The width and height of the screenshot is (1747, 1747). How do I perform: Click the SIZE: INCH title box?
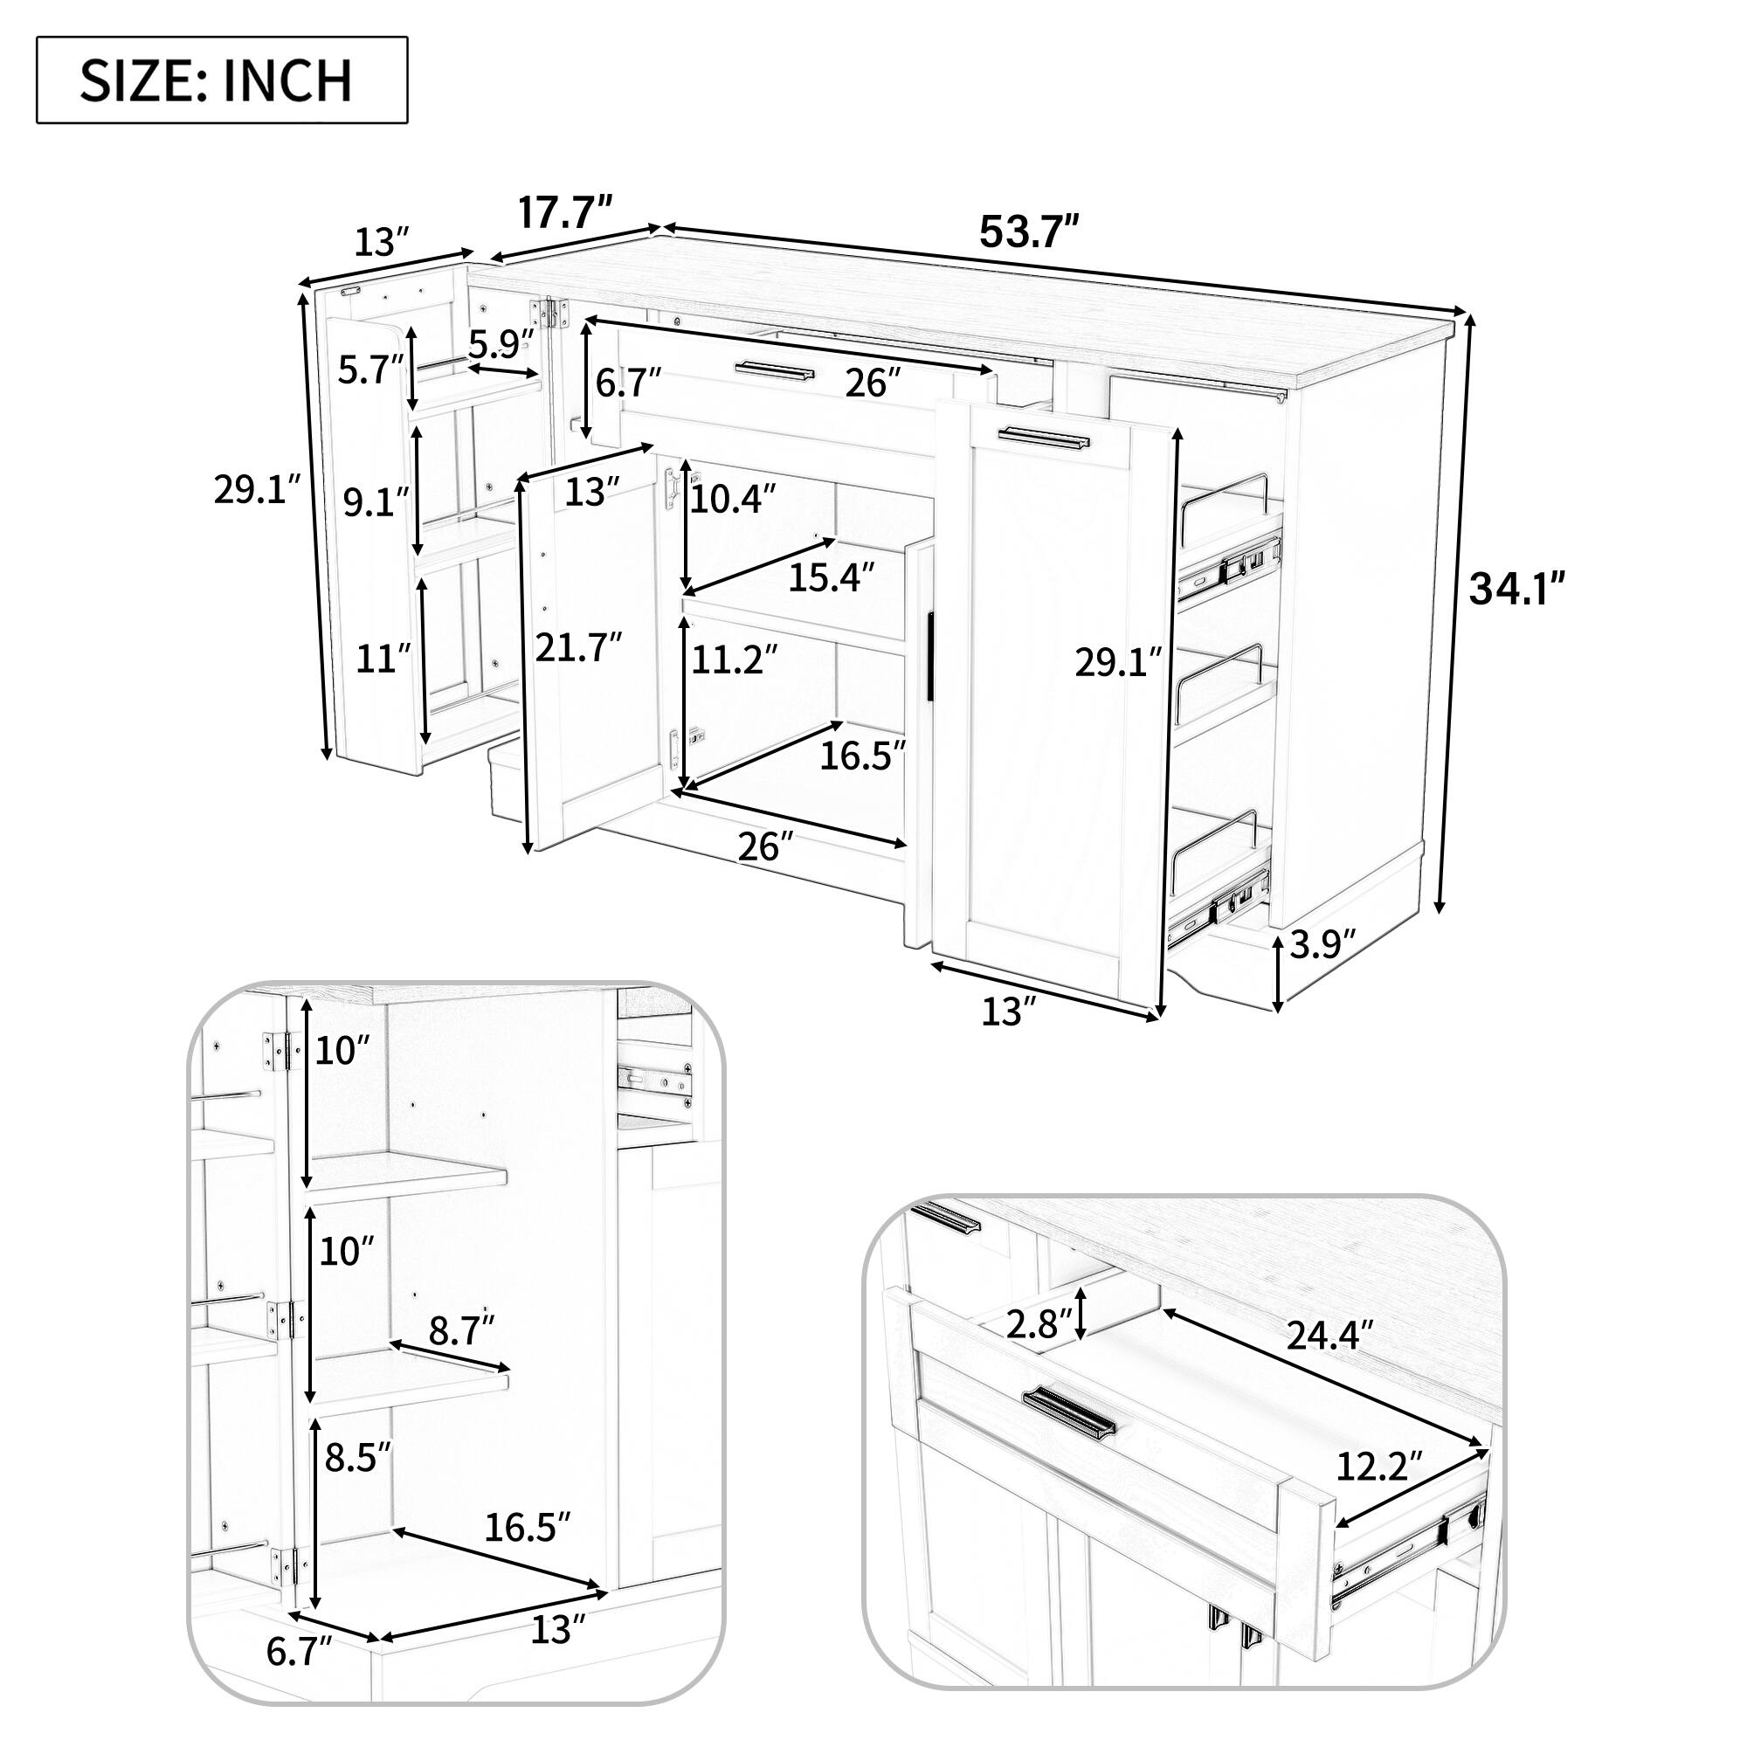222,79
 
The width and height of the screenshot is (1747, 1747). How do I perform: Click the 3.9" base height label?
1321,947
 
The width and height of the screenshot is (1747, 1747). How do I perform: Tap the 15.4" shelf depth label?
831,577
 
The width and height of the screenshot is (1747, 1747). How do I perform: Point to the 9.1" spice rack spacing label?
376,502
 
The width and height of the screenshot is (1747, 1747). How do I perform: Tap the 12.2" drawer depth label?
1379,1466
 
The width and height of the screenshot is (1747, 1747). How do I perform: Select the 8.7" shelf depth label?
461,1330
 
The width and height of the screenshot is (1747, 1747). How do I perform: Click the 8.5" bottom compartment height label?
357,1458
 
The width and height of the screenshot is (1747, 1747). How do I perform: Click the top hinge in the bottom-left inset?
280,1052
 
